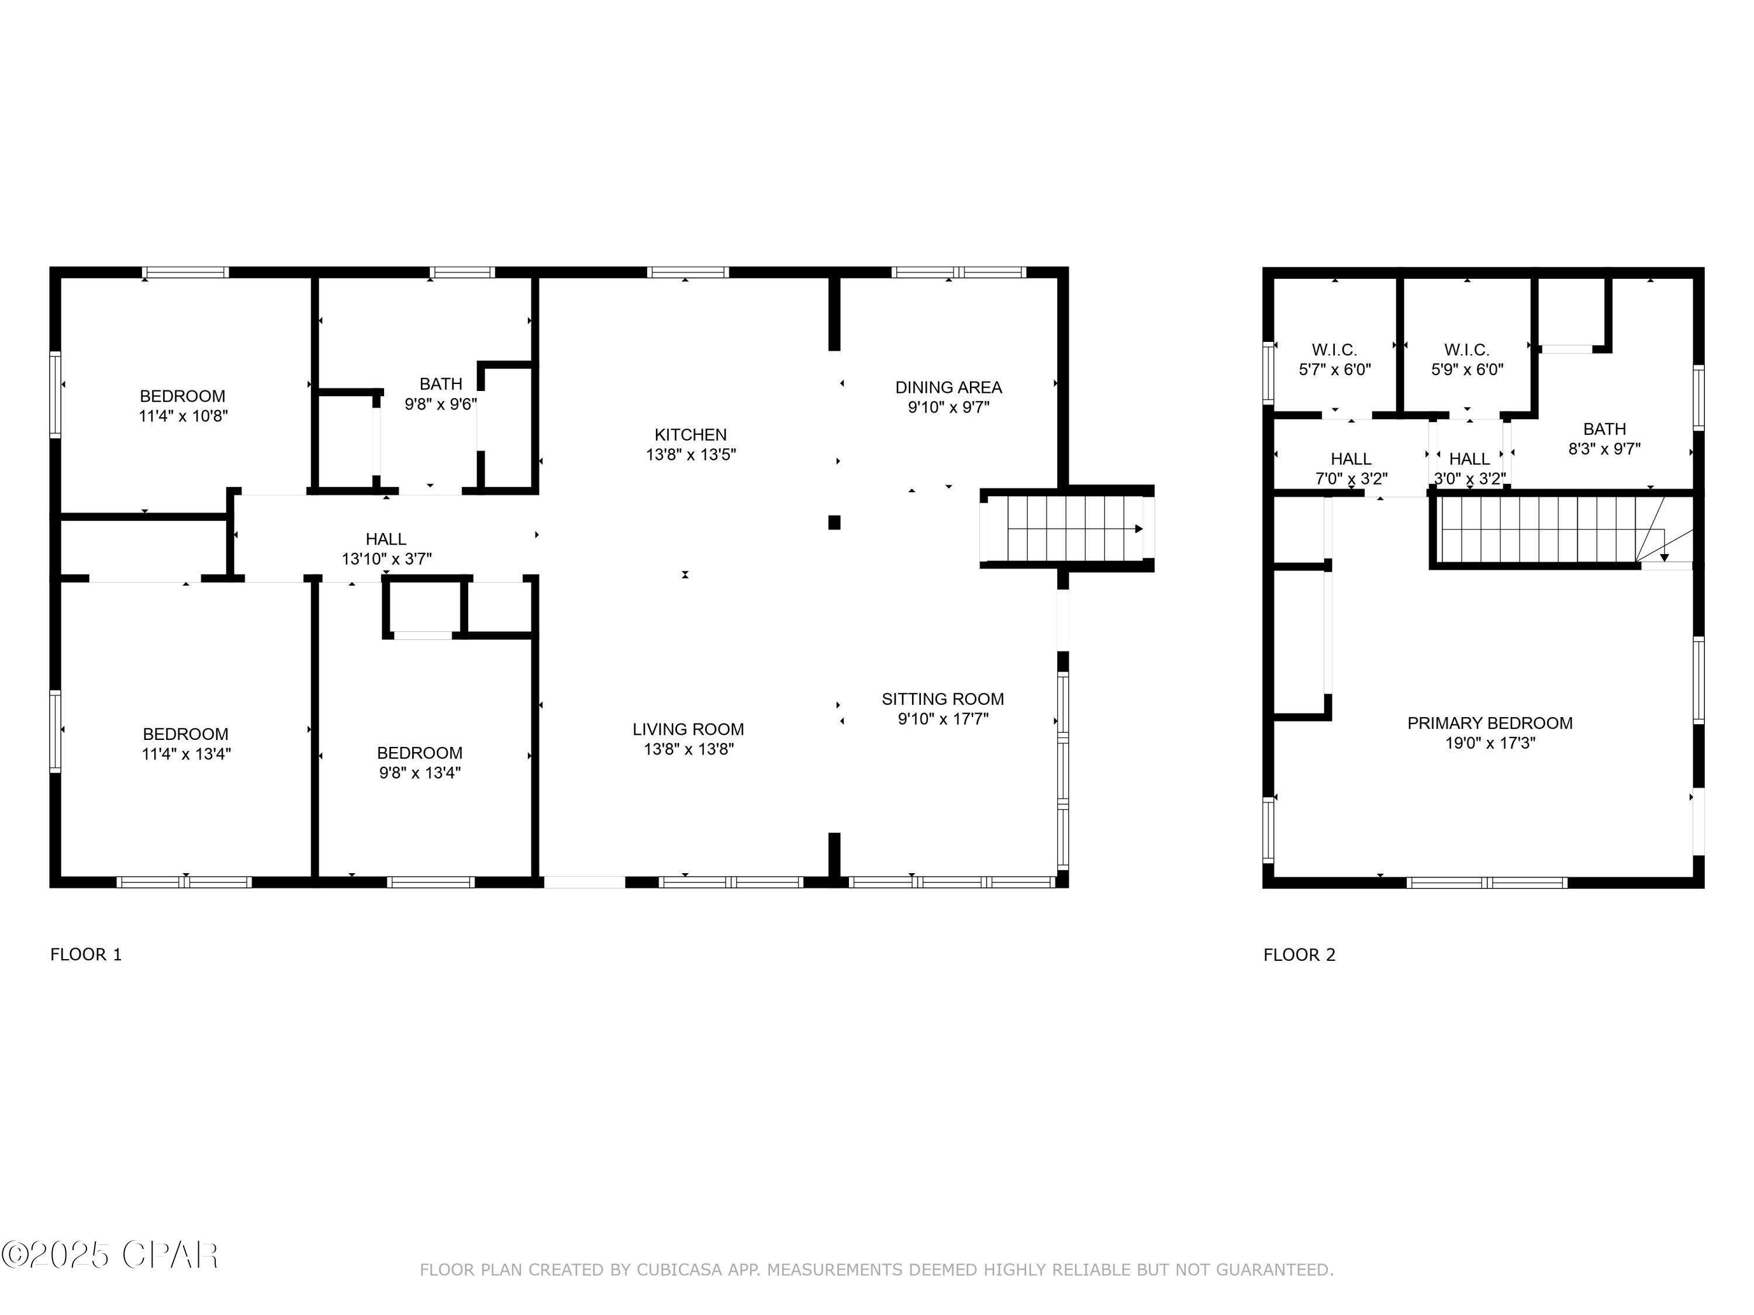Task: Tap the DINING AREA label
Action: pyautogui.click(x=948, y=387)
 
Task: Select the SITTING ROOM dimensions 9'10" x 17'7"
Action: pyautogui.click(x=943, y=719)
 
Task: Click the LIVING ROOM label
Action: pyautogui.click(x=688, y=729)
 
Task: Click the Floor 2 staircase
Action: pyautogui.click(x=1546, y=530)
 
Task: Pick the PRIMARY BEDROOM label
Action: pyautogui.click(x=1490, y=723)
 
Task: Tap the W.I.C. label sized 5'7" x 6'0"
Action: pyautogui.click(x=1335, y=349)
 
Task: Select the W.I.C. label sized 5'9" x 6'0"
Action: pyautogui.click(x=1467, y=349)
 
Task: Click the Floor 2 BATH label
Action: pyautogui.click(x=1604, y=429)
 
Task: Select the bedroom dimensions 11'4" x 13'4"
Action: pyautogui.click(x=185, y=754)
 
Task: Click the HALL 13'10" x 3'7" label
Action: pyautogui.click(x=386, y=539)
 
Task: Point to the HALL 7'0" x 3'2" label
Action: pyautogui.click(x=1351, y=459)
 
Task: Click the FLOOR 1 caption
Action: pyautogui.click(x=85, y=954)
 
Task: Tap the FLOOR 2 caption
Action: pyautogui.click(x=1299, y=954)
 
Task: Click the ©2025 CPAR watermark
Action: pyautogui.click(x=109, y=1255)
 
